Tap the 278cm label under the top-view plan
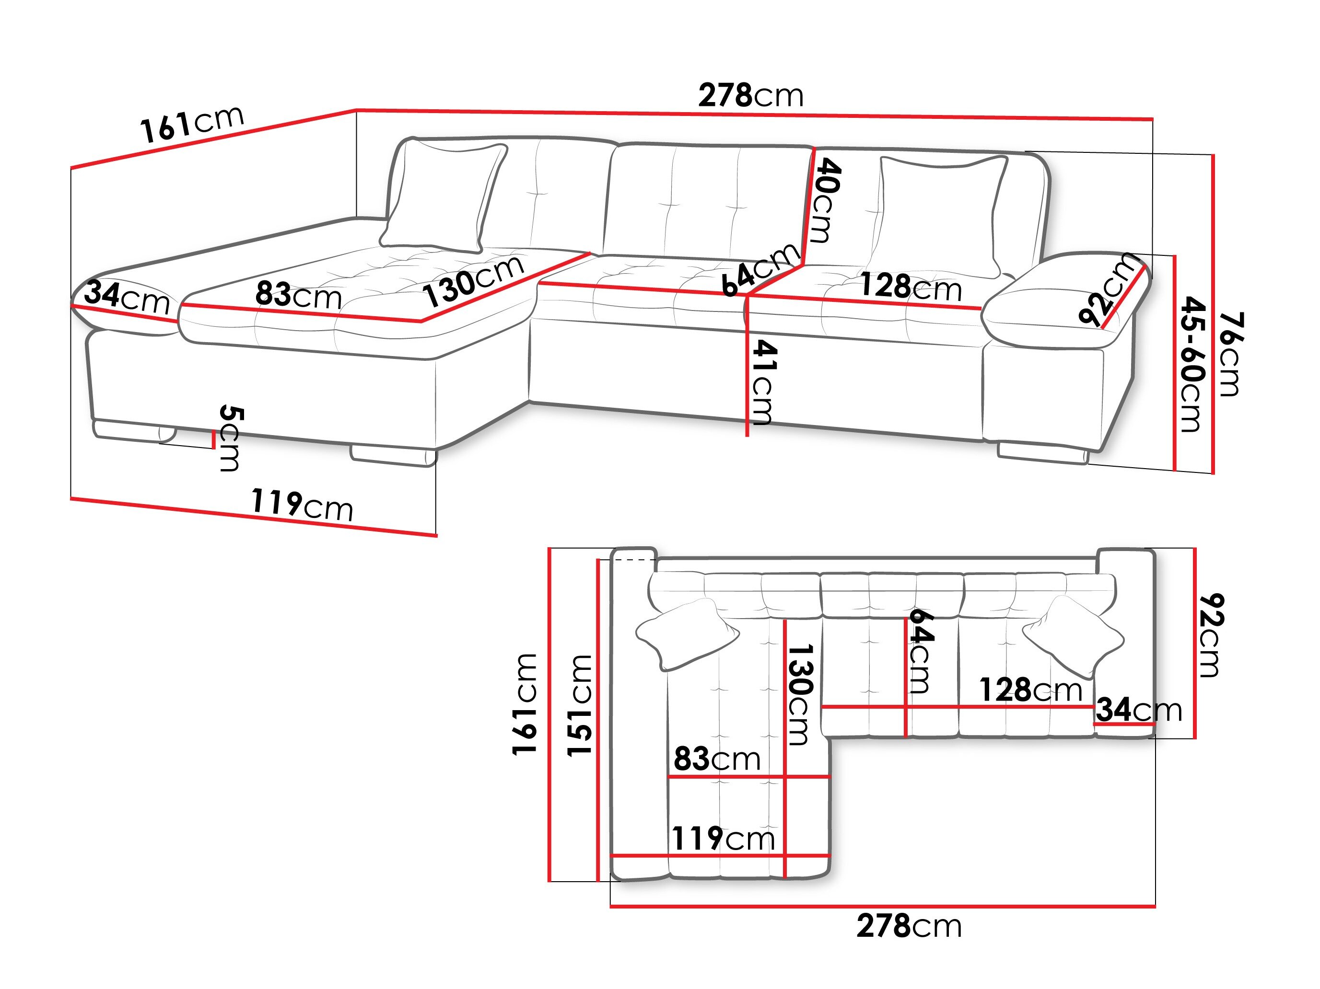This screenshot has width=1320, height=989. click(908, 926)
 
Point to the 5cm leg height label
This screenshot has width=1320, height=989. click(230, 438)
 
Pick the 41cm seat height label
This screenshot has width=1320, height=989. click(763, 382)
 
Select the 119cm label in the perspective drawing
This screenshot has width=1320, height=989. click(302, 505)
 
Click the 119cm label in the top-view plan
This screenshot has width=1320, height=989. click(723, 839)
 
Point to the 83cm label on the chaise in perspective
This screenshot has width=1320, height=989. click(298, 295)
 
